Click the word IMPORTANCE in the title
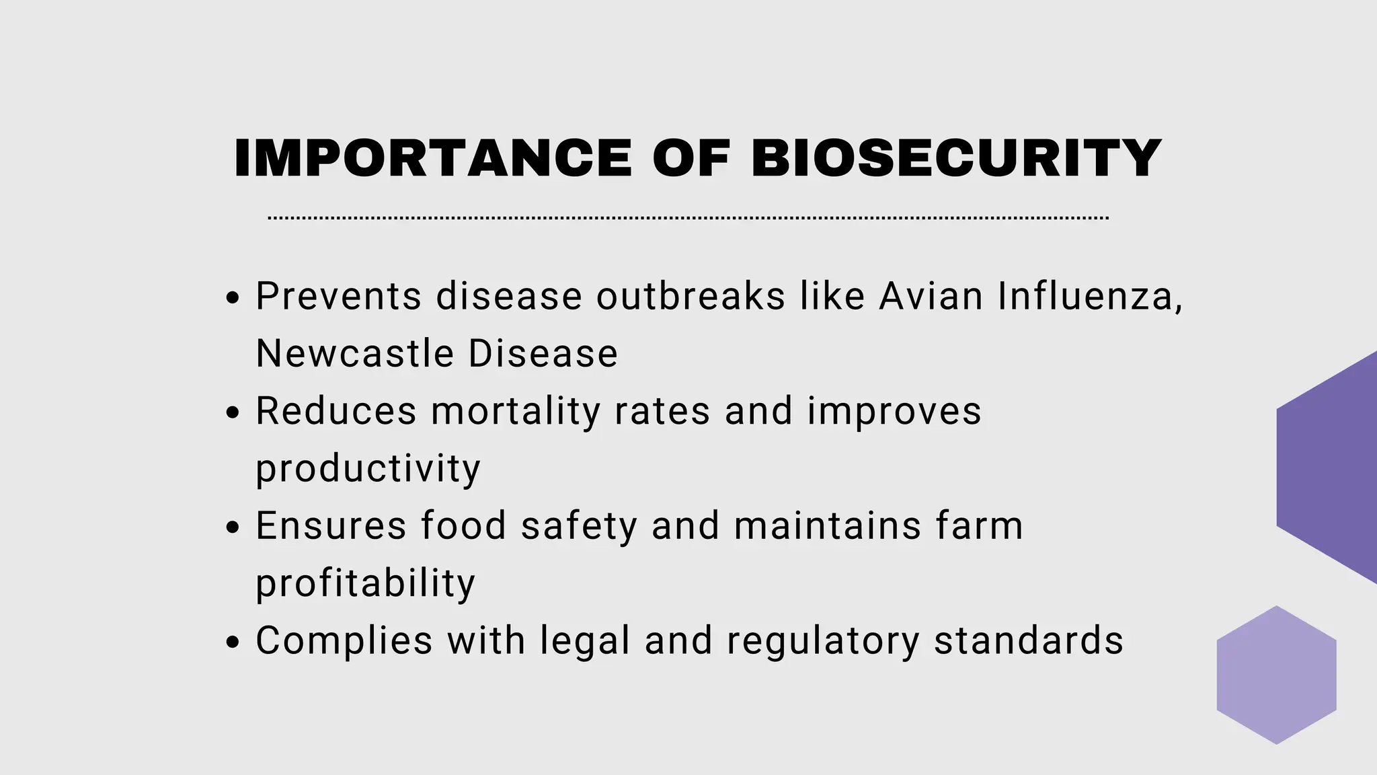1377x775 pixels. pyautogui.click(x=432, y=158)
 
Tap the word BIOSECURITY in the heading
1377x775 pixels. pyautogui.click(x=955, y=158)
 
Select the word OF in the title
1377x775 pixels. pyautogui.click(x=691, y=158)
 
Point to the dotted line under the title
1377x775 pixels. pyautogui.click(x=688, y=218)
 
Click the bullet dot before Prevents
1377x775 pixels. pyautogui.click(x=233, y=299)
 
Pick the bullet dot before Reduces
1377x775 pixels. pyautogui.click(x=233, y=413)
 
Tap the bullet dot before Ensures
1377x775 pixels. pyautogui.click(x=233, y=528)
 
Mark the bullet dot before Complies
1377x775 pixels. pyautogui.click(x=233, y=642)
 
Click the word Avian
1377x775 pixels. pyautogui.click(x=931, y=296)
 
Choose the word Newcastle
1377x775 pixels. pyautogui.click(x=354, y=353)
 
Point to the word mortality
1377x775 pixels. pyautogui.click(x=515, y=410)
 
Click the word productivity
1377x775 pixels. pyautogui.click(x=368, y=469)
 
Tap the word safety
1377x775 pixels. pyautogui.click(x=578, y=526)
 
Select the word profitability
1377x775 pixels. pyautogui.click(x=365, y=583)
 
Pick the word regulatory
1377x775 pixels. pyautogui.click(x=822, y=640)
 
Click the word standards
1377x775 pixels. pyautogui.click(x=1029, y=640)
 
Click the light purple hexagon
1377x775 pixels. pyautogui.click(x=1276, y=675)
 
